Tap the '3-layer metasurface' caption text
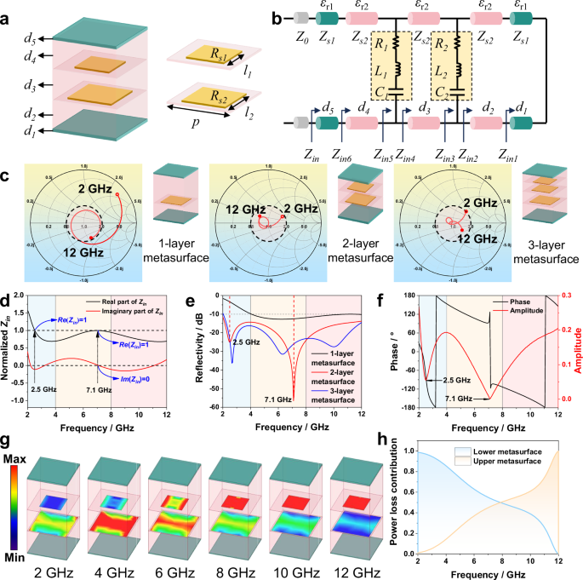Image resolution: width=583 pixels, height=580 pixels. (x=549, y=259)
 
